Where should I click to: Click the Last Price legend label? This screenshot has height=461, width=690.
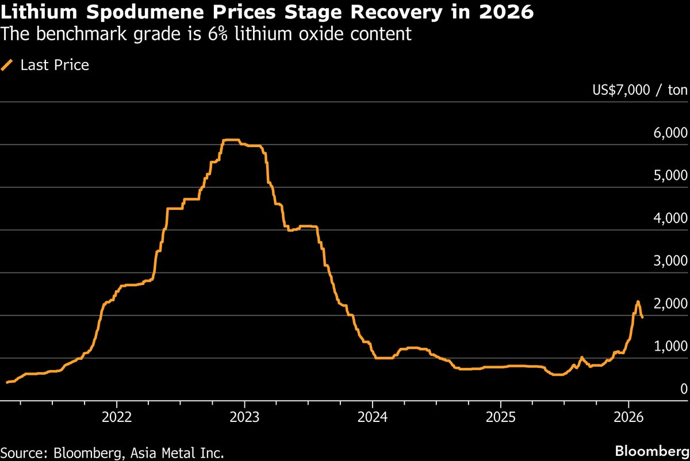(x=55, y=66)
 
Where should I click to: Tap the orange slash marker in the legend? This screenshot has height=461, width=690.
(x=7, y=66)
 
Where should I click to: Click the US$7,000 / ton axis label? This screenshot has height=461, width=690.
(x=639, y=90)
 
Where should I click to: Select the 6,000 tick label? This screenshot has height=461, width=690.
(x=670, y=133)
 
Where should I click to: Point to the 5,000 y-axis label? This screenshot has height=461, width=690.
(x=670, y=175)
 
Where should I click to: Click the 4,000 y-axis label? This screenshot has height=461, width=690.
(x=670, y=218)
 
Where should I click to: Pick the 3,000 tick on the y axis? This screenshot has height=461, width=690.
(x=670, y=261)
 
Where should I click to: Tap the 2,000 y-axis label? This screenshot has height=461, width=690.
(x=670, y=304)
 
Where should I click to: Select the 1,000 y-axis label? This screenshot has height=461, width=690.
(x=670, y=346)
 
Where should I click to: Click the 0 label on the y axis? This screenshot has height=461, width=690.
(x=683, y=389)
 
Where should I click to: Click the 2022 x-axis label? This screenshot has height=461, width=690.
(x=117, y=416)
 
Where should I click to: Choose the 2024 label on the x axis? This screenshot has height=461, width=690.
(x=373, y=416)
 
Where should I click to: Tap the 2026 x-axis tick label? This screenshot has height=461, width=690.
(x=628, y=416)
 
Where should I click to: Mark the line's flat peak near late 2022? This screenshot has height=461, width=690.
(x=231, y=140)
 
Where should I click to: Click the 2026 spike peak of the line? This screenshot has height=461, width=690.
(x=638, y=301)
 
